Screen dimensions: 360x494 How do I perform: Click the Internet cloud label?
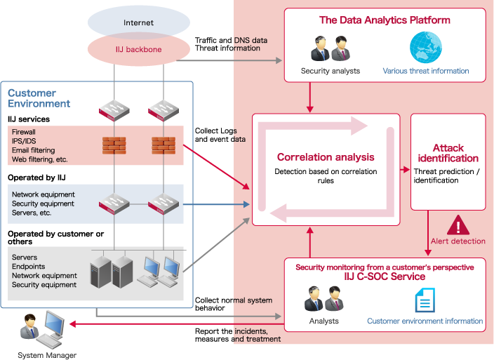[138, 23]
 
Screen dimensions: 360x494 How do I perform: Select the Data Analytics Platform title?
[385, 20]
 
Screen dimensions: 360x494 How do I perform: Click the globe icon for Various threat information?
[425, 47]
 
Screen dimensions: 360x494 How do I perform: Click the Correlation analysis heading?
[325, 157]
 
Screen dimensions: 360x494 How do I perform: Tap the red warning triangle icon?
[458, 225]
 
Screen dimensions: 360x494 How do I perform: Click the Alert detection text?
[458, 241]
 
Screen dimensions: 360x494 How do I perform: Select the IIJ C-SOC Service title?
[385, 277]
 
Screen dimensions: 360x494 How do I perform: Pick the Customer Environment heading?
[39, 98]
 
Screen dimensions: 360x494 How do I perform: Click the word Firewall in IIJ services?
[24, 131]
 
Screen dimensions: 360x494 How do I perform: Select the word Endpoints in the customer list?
[29, 267]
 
